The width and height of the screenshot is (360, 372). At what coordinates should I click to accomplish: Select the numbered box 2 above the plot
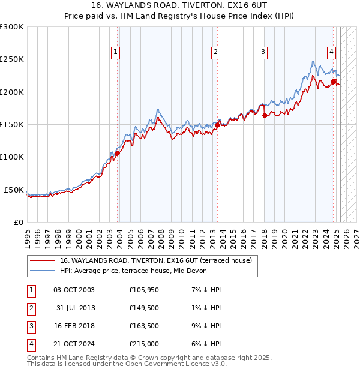coord(215,52)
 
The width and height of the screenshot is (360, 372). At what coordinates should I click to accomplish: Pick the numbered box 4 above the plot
coord(331,52)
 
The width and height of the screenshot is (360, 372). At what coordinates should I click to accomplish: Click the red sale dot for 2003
coord(118,153)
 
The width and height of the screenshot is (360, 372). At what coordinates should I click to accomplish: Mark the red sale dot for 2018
coord(265,116)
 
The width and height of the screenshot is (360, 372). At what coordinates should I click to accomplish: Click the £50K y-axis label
coord(14,190)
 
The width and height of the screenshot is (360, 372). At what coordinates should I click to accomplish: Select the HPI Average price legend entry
coord(133,271)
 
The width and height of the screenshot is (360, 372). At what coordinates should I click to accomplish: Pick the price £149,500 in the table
coord(145,307)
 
